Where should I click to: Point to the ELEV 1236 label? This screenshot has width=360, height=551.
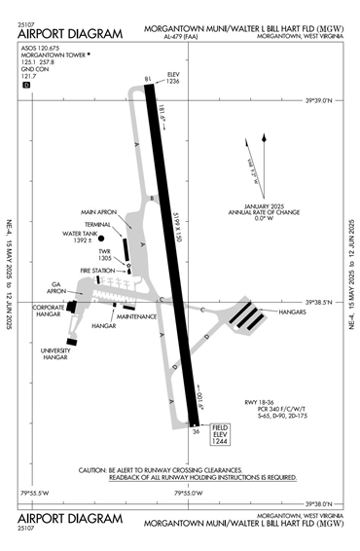(x=173, y=79)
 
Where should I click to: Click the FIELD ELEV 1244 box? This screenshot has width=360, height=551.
(x=219, y=435)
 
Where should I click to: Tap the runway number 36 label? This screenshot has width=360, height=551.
(x=196, y=432)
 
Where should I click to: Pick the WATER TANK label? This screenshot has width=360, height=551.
(x=83, y=234)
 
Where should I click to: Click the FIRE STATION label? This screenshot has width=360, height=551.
(x=98, y=270)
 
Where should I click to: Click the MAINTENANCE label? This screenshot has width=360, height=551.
(x=137, y=317)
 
